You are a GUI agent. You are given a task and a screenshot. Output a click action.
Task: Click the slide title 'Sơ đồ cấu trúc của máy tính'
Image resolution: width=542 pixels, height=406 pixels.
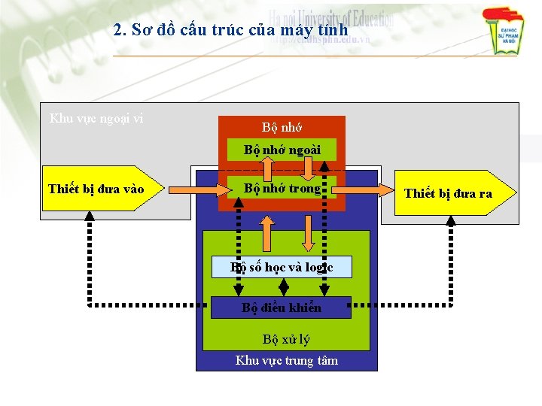tap(230, 30)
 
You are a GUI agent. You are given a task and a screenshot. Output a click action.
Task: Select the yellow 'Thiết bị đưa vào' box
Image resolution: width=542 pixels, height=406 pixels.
tap(93, 188)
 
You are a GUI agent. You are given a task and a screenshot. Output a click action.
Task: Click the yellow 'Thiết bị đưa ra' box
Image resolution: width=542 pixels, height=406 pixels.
tap(449, 193)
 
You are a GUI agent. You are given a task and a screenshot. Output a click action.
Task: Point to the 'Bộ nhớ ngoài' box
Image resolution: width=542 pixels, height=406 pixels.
tap(282, 150)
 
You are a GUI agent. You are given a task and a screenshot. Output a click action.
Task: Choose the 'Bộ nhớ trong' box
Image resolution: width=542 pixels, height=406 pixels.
tap(282, 188)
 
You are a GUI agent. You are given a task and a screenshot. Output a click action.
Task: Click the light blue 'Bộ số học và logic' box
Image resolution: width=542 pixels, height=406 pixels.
tap(282, 267)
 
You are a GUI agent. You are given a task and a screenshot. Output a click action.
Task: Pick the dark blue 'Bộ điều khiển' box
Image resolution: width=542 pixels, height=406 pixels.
tap(282, 308)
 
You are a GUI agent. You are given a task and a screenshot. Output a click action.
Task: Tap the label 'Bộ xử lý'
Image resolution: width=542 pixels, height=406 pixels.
tap(285, 339)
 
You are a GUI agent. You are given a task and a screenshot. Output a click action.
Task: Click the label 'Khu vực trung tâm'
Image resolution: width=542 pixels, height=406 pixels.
tap(286, 360)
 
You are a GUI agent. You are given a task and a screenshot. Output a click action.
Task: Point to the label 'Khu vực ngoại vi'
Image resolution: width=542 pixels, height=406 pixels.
tap(96, 117)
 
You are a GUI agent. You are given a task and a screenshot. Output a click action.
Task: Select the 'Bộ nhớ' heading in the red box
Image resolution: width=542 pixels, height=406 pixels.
tap(282, 127)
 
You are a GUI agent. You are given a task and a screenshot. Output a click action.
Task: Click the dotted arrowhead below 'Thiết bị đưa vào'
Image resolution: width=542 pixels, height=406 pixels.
tap(90, 216)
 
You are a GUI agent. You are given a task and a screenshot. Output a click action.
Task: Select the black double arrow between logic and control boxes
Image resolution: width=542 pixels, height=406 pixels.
tap(284, 286)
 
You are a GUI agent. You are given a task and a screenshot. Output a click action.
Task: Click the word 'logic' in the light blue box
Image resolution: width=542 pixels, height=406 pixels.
tap(318, 267)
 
